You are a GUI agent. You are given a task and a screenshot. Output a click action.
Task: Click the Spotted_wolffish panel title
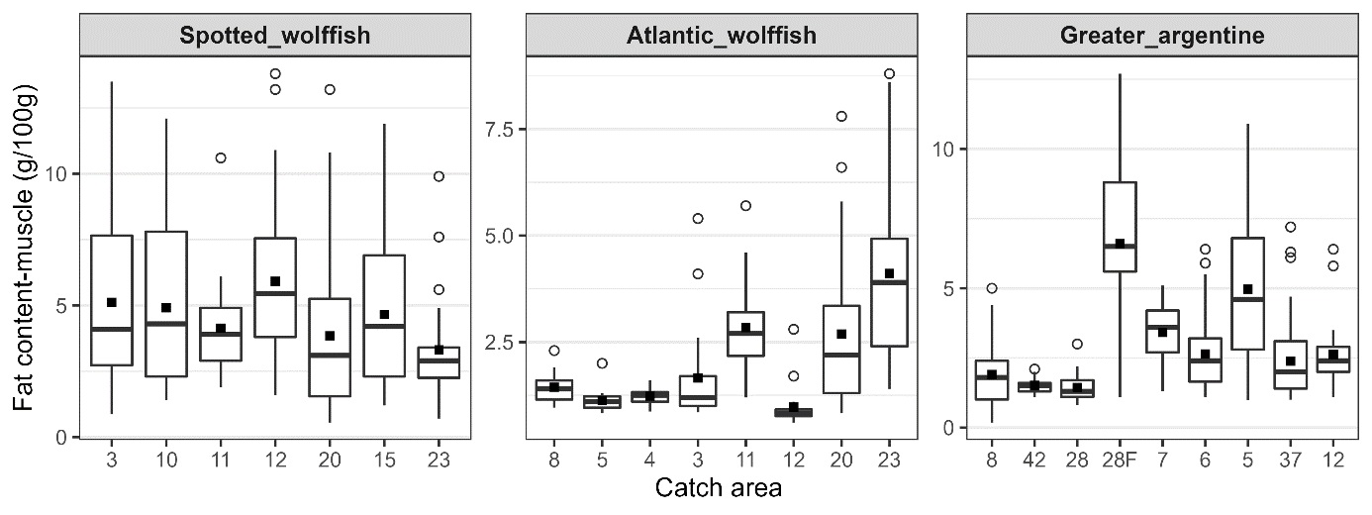tap(275, 37)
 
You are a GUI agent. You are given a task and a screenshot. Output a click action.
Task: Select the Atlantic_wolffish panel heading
tap(722, 37)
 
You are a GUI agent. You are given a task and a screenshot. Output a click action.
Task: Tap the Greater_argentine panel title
tap(1161, 37)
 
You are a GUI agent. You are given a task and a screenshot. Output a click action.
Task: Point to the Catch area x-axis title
tap(721, 488)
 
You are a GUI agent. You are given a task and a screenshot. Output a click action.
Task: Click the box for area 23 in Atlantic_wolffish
tap(889, 292)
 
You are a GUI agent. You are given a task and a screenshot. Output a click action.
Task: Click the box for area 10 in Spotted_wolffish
tap(166, 304)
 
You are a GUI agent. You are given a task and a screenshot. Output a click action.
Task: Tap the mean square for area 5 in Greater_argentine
tap(1247, 289)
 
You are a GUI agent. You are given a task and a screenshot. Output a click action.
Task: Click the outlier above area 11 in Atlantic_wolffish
tap(745, 206)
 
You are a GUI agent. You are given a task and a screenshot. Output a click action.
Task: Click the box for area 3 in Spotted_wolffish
tap(112, 300)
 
